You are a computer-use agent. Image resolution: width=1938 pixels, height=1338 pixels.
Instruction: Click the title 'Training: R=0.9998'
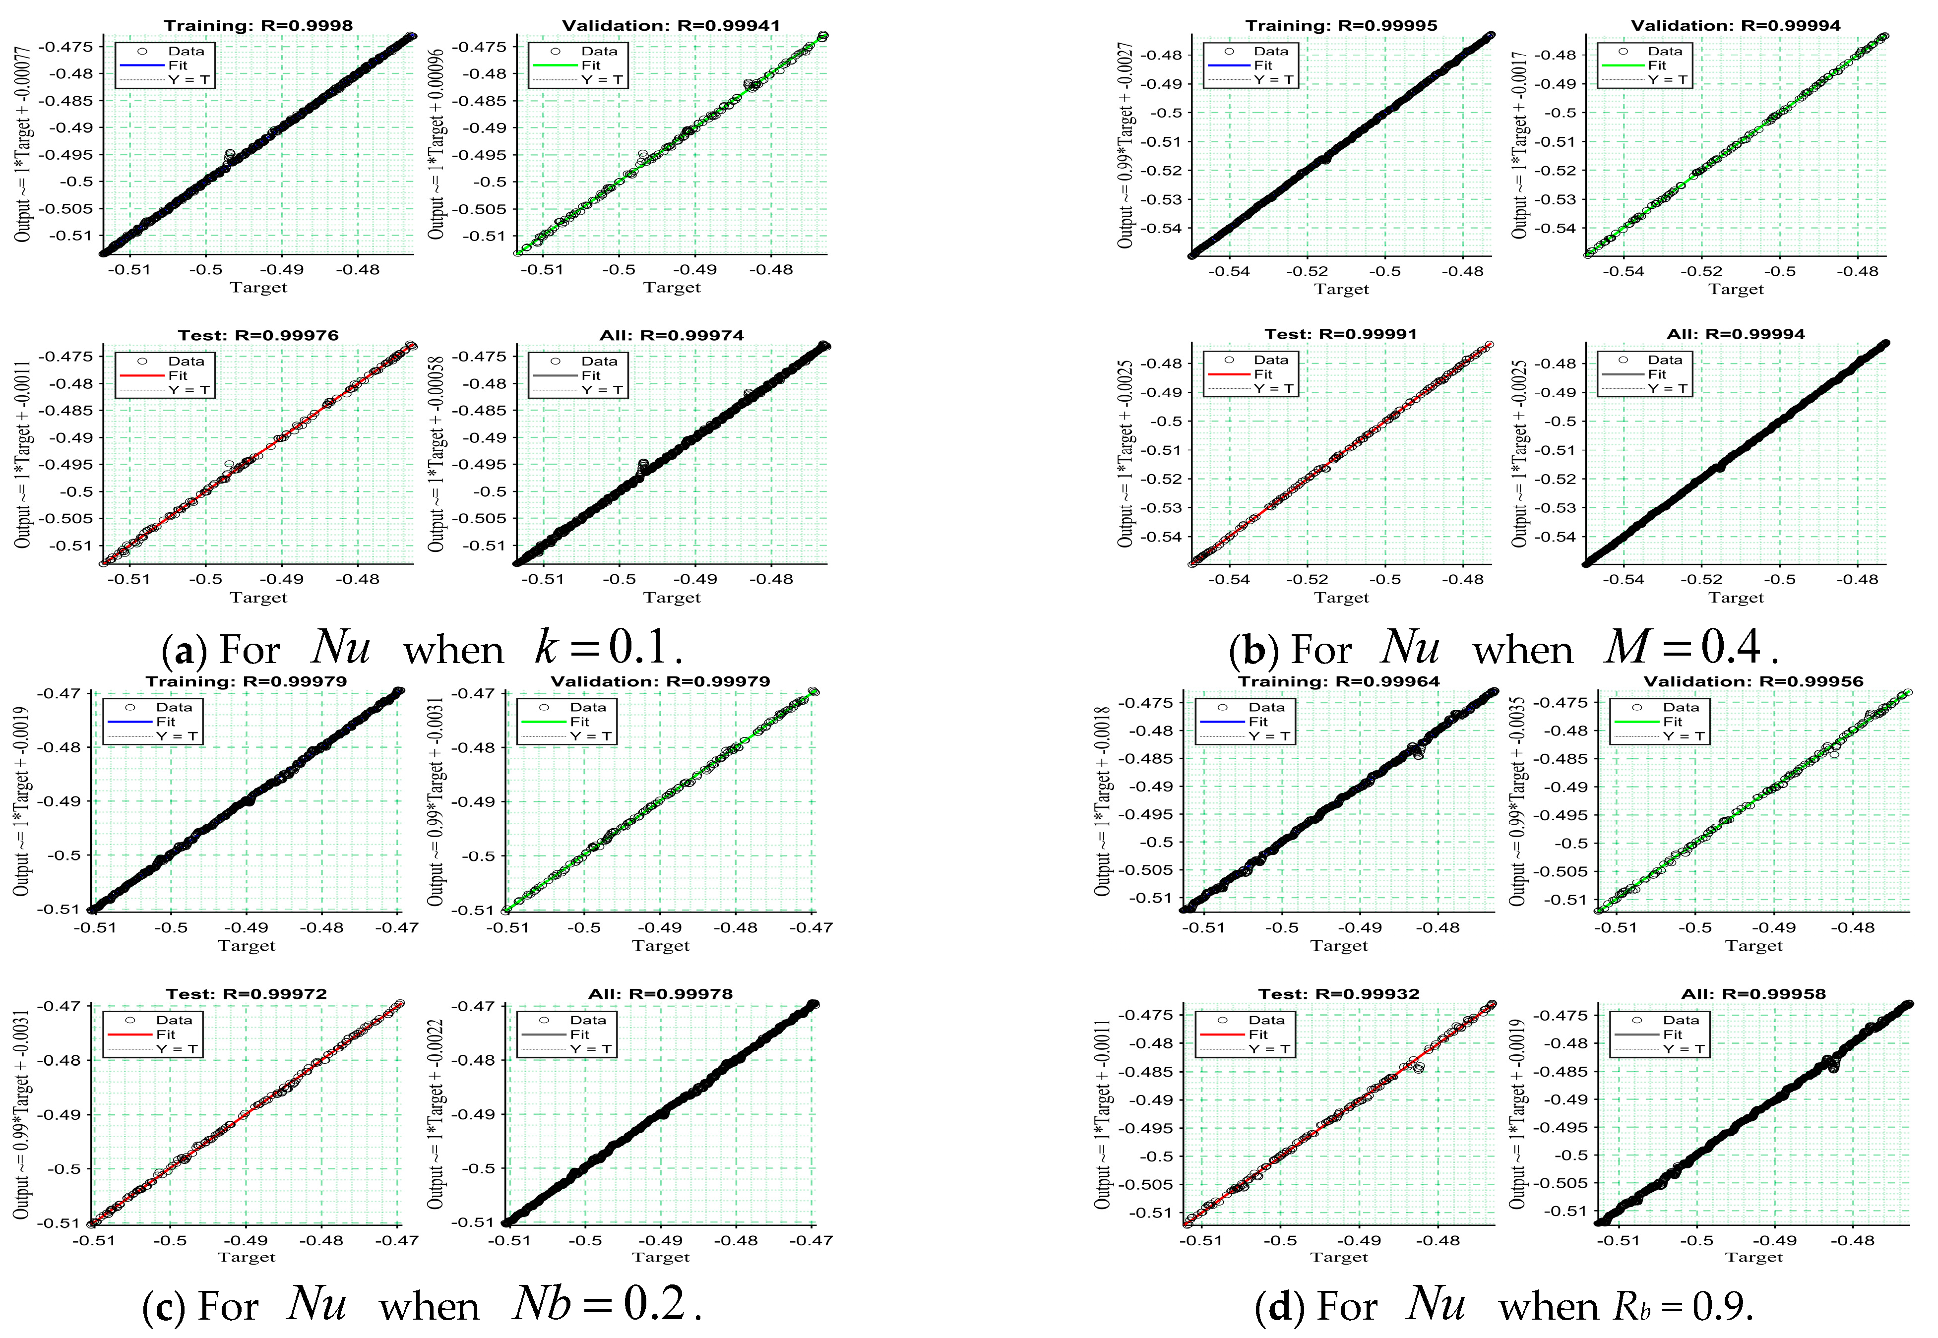[x=258, y=25]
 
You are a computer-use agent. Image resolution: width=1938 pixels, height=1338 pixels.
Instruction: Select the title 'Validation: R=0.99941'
[x=671, y=25]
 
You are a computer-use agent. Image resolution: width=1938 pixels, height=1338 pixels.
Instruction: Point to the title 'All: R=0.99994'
[x=1736, y=334]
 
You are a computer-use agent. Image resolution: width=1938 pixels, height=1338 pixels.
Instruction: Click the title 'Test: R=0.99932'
[x=1339, y=993]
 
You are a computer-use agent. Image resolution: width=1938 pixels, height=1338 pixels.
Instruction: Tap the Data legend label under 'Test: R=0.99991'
[x=1270, y=360]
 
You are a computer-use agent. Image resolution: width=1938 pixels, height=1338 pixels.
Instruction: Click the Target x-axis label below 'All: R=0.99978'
[x=661, y=1257]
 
